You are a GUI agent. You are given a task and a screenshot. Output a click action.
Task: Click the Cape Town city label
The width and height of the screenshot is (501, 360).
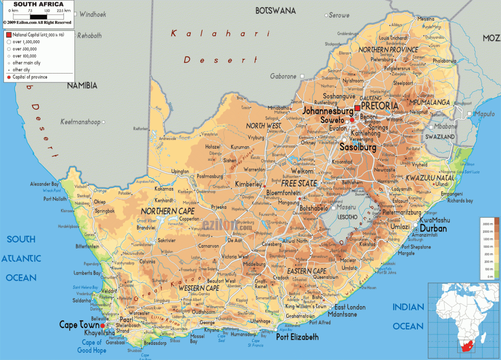click(79, 325)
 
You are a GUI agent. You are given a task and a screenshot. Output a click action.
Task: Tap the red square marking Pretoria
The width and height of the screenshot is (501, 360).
click(357, 108)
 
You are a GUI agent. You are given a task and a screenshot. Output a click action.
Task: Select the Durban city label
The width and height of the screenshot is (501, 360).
click(433, 229)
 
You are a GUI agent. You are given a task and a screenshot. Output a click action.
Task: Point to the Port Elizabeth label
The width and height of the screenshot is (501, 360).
click(297, 337)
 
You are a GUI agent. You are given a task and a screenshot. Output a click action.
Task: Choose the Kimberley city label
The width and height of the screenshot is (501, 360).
click(249, 184)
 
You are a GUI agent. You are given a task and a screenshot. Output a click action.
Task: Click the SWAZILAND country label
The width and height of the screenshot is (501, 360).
click(439, 137)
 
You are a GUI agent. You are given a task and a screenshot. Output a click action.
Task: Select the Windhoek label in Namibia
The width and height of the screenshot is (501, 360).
click(93, 15)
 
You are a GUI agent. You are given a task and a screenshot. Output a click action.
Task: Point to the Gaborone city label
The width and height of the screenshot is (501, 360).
click(283, 76)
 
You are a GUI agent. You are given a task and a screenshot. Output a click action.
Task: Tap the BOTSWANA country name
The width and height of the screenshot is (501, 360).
click(275, 11)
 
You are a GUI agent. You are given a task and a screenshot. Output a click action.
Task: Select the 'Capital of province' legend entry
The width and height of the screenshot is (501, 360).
click(30, 77)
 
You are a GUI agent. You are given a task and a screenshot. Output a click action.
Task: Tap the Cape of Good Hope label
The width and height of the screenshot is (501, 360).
click(92, 346)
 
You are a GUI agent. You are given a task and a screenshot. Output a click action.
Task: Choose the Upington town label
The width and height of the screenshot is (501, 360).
click(180, 171)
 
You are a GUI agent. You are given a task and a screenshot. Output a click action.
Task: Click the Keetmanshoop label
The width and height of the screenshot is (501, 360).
click(80, 122)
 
